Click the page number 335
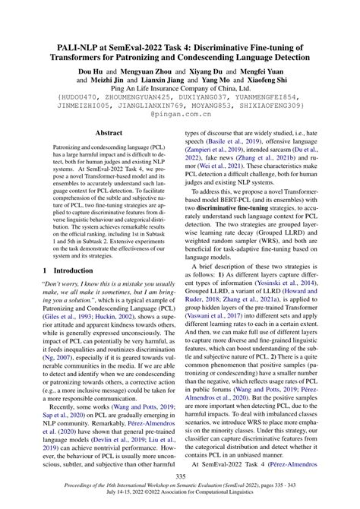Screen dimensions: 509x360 180,476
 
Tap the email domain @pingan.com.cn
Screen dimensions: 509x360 180,121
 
